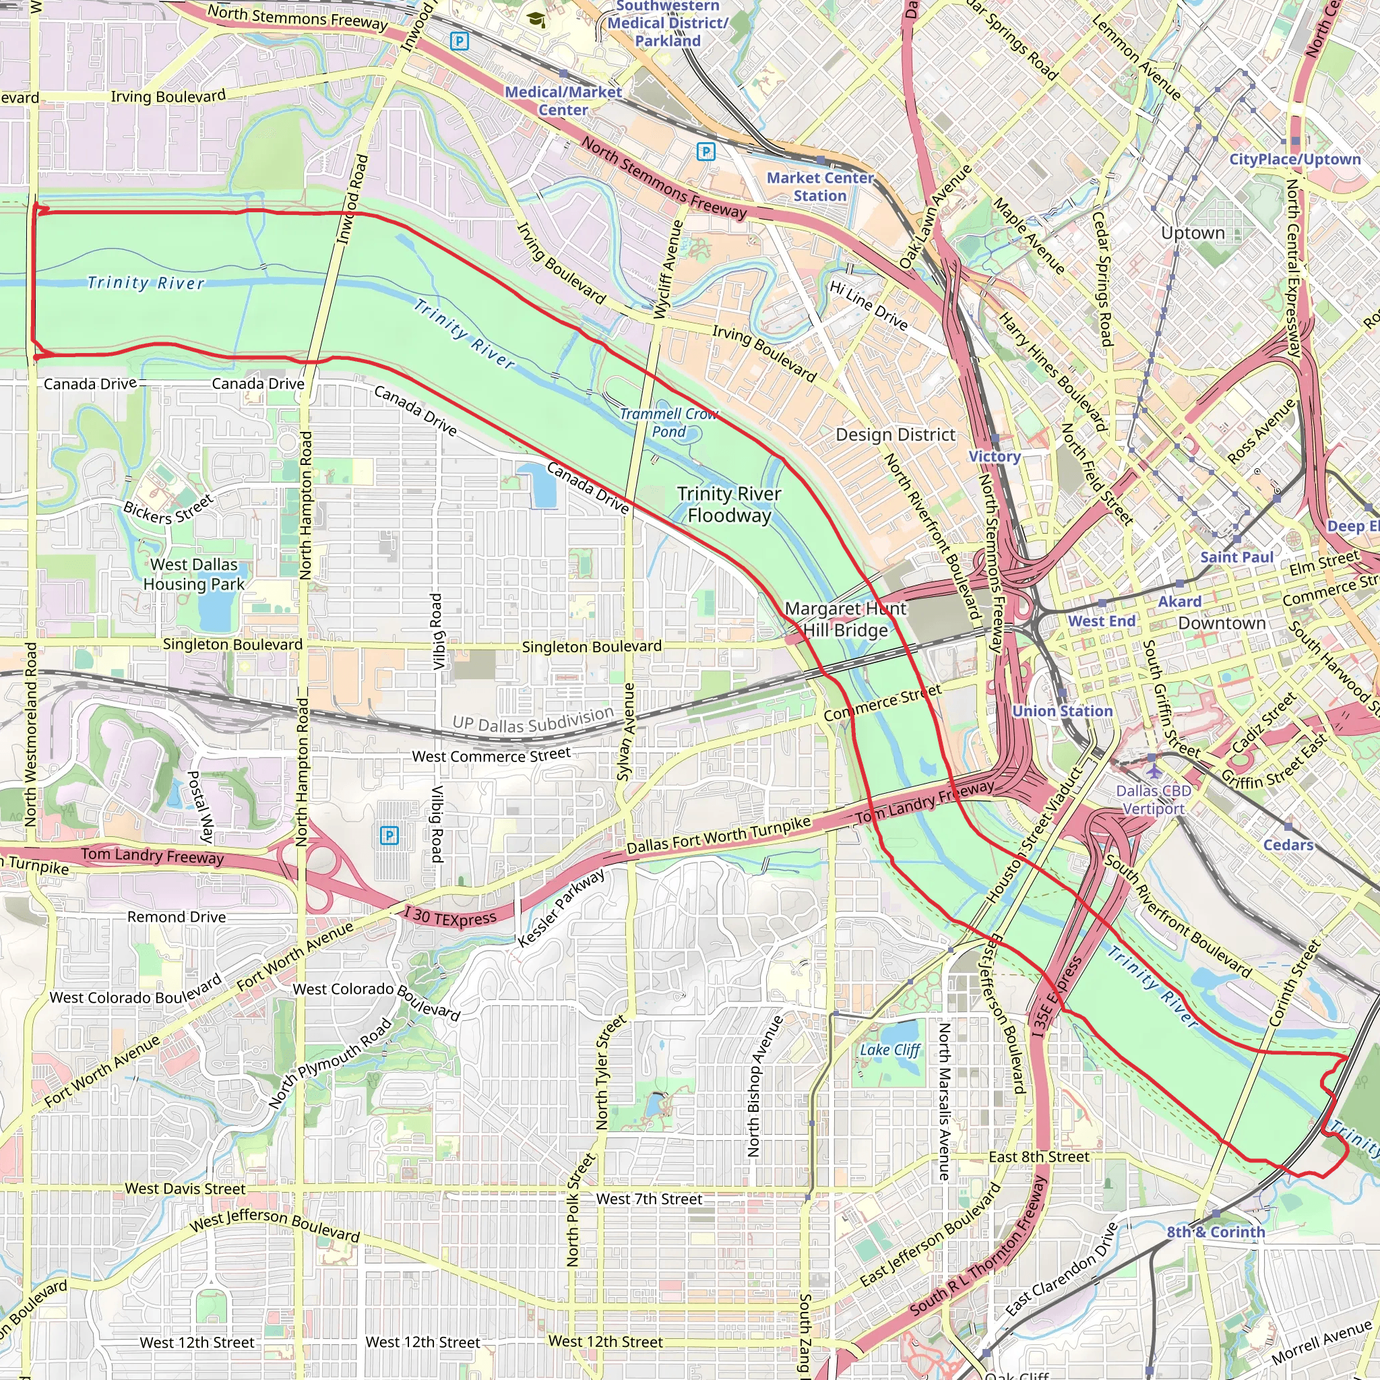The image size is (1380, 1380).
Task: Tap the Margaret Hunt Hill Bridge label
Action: [x=845, y=619]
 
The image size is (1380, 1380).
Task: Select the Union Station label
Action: [x=1062, y=712]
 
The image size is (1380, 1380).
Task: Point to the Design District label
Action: [x=895, y=435]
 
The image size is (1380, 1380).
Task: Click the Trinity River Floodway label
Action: [x=729, y=504]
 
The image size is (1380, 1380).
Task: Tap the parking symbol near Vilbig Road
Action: [x=389, y=835]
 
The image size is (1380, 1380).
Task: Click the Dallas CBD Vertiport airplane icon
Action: [x=1154, y=772]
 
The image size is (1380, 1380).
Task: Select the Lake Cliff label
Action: [x=890, y=1050]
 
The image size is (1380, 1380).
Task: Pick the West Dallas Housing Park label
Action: [x=193, y=574]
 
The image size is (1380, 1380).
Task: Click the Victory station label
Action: [x=995, y=456]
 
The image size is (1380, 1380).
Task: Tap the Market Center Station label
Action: [x=820, y=187]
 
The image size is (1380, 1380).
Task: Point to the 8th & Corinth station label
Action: [x=1216, y=1232]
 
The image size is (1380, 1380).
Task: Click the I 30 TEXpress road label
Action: [x=450, y=916]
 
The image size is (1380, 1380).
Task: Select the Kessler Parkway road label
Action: [x=561, y=908]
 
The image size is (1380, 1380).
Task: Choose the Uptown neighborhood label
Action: [x=1193, y=234]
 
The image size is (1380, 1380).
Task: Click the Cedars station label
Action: [x=1288, y=845]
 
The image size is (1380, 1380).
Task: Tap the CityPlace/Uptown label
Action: [x=1295, y=159]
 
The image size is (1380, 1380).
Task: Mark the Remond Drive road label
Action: [x=177, y=916]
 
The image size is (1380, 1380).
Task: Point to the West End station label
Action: [x=1102, y=621]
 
